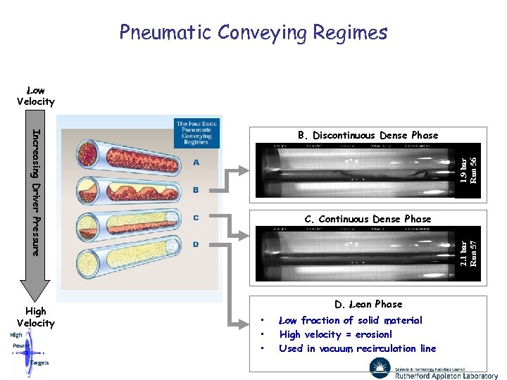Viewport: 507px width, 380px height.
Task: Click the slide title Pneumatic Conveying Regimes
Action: [x=253, y=32]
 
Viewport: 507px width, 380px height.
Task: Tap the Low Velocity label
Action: [x=35, y=96]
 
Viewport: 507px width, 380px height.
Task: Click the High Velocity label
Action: [x=35, y=317]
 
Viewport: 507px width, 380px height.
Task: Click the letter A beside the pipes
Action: [x=195, y=162]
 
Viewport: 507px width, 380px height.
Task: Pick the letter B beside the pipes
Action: [x=195, y=190]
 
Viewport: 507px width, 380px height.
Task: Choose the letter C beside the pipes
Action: [x=195, y=217]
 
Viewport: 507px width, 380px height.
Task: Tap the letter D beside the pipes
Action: [x=195, y=244]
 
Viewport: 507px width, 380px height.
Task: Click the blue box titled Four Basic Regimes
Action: [x=197, y=132]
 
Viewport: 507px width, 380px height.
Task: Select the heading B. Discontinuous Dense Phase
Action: [x=367, y=135]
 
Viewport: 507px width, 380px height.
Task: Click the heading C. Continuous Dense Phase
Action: [x=367, y=219]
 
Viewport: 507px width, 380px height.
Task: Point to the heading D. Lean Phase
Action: [x=368, y=304]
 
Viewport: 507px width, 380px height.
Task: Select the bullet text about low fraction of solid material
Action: [x=351, y=320]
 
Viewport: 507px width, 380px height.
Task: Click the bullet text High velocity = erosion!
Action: [x=335, y=334]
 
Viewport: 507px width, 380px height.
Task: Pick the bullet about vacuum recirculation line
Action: [x=357, y=348]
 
